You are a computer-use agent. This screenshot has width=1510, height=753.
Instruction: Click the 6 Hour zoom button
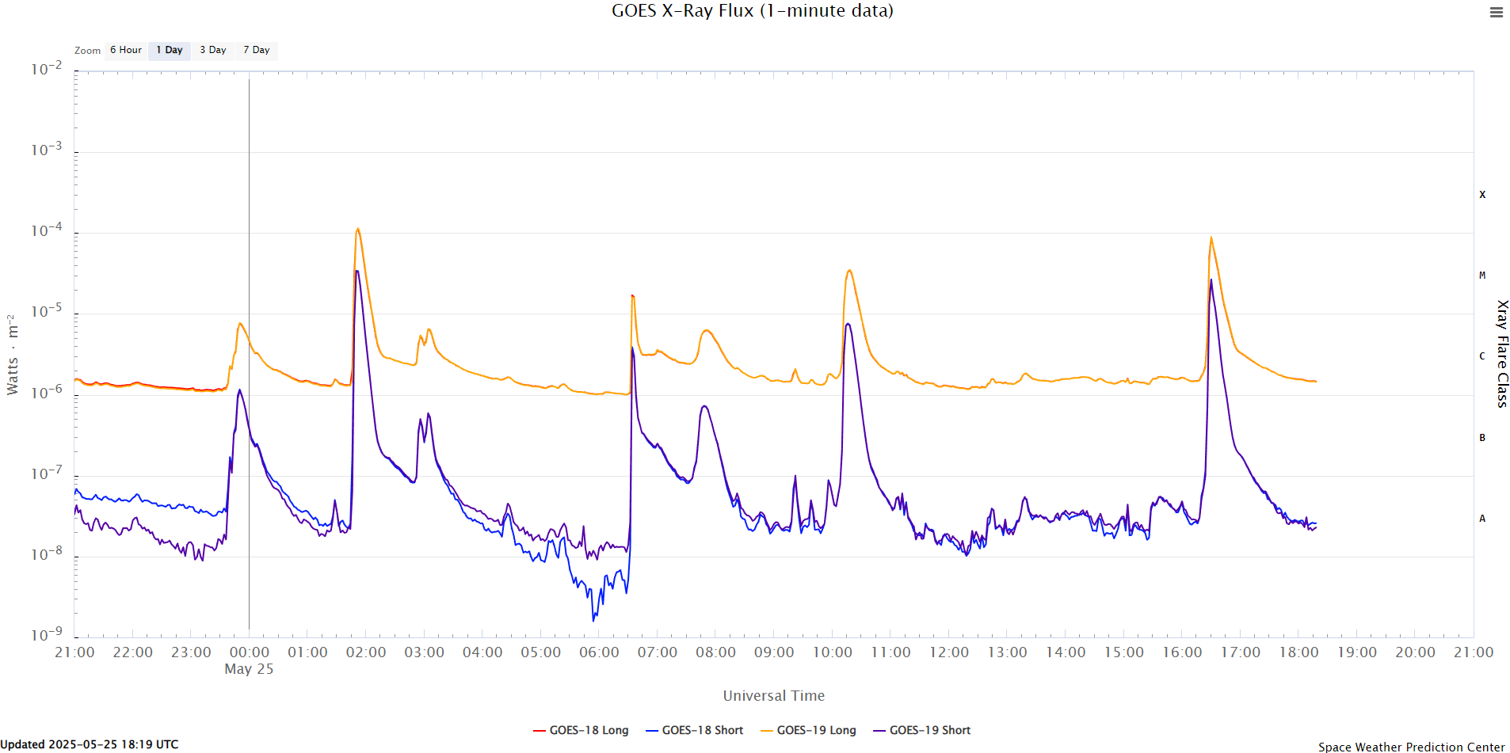click(125, 50)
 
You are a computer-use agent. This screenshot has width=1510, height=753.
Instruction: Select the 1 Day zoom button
click(169, 50)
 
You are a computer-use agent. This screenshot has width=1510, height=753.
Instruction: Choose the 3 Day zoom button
click(212, 50)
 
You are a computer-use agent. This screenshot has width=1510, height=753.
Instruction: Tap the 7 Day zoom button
click(256, 50)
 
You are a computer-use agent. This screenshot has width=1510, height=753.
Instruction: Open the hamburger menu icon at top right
click(1496, 13)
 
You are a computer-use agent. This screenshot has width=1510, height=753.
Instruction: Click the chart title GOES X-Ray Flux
click(752, 11)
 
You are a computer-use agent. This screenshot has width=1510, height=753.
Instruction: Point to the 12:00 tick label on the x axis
click(948, 652)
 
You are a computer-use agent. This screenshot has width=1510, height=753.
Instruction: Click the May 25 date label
click(249, 669)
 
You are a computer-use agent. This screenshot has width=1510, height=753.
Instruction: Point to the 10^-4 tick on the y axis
click(46, 230)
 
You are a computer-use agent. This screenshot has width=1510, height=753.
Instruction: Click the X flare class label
click(1482, 195)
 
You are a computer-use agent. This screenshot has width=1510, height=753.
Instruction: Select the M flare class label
click(1482, 276)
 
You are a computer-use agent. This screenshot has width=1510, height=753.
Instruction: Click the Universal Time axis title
click(773, 696)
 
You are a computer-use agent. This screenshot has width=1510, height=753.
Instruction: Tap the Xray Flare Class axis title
click(1501, 354)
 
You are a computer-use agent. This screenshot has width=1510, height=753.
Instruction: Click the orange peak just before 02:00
click(358, 230)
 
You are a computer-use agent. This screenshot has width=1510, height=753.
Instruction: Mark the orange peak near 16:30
click(1211, 238)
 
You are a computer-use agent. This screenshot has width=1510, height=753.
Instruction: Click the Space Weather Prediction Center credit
click(1411, 747)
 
